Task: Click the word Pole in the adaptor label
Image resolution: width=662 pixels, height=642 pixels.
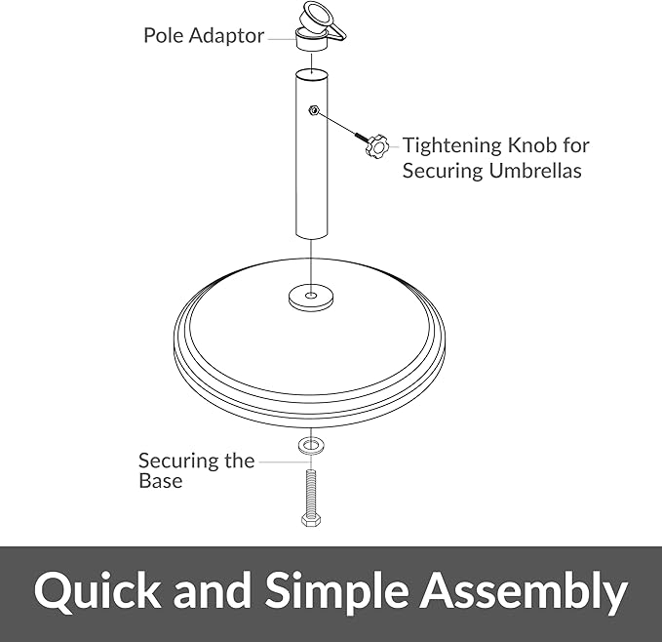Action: point(164,35)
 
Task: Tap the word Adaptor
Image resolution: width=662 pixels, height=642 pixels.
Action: point(226,35)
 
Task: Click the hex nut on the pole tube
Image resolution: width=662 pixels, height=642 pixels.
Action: point(313,110)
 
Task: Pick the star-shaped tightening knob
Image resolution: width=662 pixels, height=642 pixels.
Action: point(376,146)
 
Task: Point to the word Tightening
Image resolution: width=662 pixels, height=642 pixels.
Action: point(451,146)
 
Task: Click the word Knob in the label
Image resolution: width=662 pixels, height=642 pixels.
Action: point(531,144)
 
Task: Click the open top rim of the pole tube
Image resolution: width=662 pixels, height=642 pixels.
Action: point(312,73)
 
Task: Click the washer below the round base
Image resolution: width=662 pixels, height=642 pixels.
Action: point(311,445)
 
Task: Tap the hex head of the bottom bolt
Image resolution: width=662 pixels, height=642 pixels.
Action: point(311,519)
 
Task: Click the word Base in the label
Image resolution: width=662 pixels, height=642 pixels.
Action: point(161,481)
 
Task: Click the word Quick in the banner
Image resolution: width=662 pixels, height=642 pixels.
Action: point(97,590)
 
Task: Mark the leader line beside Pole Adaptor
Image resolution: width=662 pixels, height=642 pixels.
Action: point(282,39)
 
